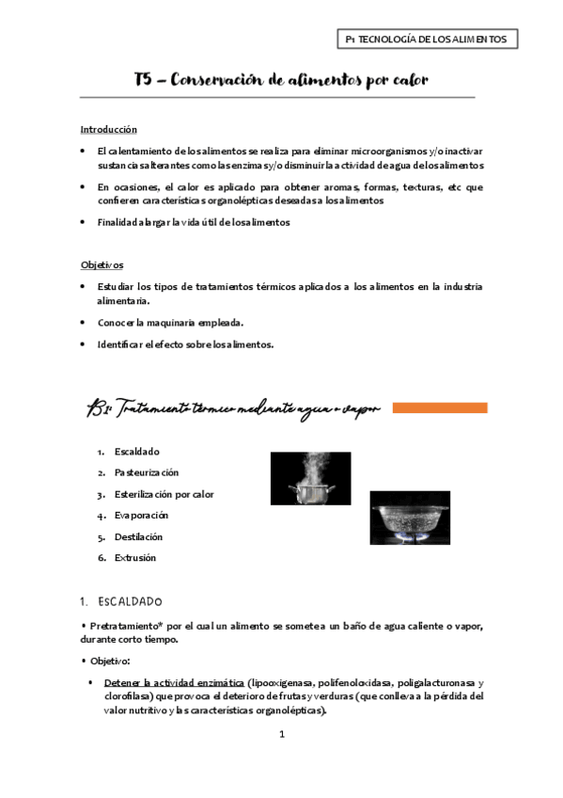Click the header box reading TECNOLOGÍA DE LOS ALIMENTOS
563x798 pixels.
pyautogui.click(x=427, y=40)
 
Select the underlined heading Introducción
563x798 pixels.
pyautogui.click(x=108, y=130)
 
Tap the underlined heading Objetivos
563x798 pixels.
pyautogui.click(x=102, y=265)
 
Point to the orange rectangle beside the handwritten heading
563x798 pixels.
pyautogui.click(x=439, y=408)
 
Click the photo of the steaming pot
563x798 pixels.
pyautogui.click(x=310, y=478)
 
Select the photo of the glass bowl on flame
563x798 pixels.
pyautogui.click(x=409, y=518)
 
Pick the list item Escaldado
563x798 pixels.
pyautogui.click(x=136, y=452)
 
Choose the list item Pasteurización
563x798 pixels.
pyautogui.click(x=146, y=472)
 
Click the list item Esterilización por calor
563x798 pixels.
pyautogui.click(x=164, y=494)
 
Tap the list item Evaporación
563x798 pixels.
pyautogui.click(x=141, y=516)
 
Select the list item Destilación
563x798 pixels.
pyautogui.click(x=138, y=536)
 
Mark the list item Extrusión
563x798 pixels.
pyautogui.click(x=134, y=558)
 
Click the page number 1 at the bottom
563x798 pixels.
pyautogui.click(x=281, y=734)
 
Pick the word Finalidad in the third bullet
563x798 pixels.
pyautogui.click(x=117, y=222)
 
